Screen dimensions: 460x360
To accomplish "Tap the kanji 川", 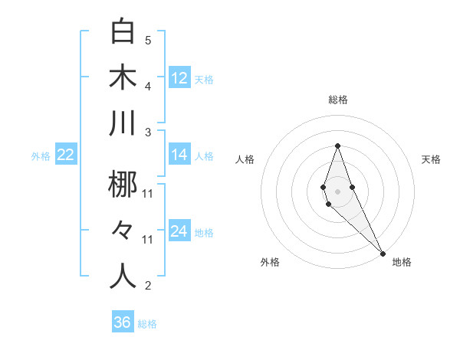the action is click(123, 123).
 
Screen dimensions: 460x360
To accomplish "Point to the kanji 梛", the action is click(123, 184).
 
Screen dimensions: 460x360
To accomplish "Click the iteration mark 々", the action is click(123, 230).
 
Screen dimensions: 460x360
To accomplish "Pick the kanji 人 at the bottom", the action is click(123, 276).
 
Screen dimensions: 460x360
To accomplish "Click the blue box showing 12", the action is click(179, 78).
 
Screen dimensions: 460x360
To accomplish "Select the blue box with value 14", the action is click(179, 155).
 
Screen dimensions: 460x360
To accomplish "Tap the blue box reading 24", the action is click(179, 231).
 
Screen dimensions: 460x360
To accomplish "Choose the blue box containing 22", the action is click(66, 155).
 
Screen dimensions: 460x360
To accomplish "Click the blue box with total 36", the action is click(123, 322).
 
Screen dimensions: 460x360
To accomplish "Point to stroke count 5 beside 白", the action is click(148, 40).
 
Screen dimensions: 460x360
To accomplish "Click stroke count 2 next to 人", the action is click(148, 286).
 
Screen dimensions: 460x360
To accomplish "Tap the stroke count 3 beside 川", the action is click(148, 132).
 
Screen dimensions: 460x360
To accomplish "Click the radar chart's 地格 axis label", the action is click(402, 262).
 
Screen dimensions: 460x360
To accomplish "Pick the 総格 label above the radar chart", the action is click(338, 100).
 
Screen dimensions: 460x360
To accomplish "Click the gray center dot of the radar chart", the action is click(338, 181).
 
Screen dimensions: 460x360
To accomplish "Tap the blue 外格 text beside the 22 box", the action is click(41, 156).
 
